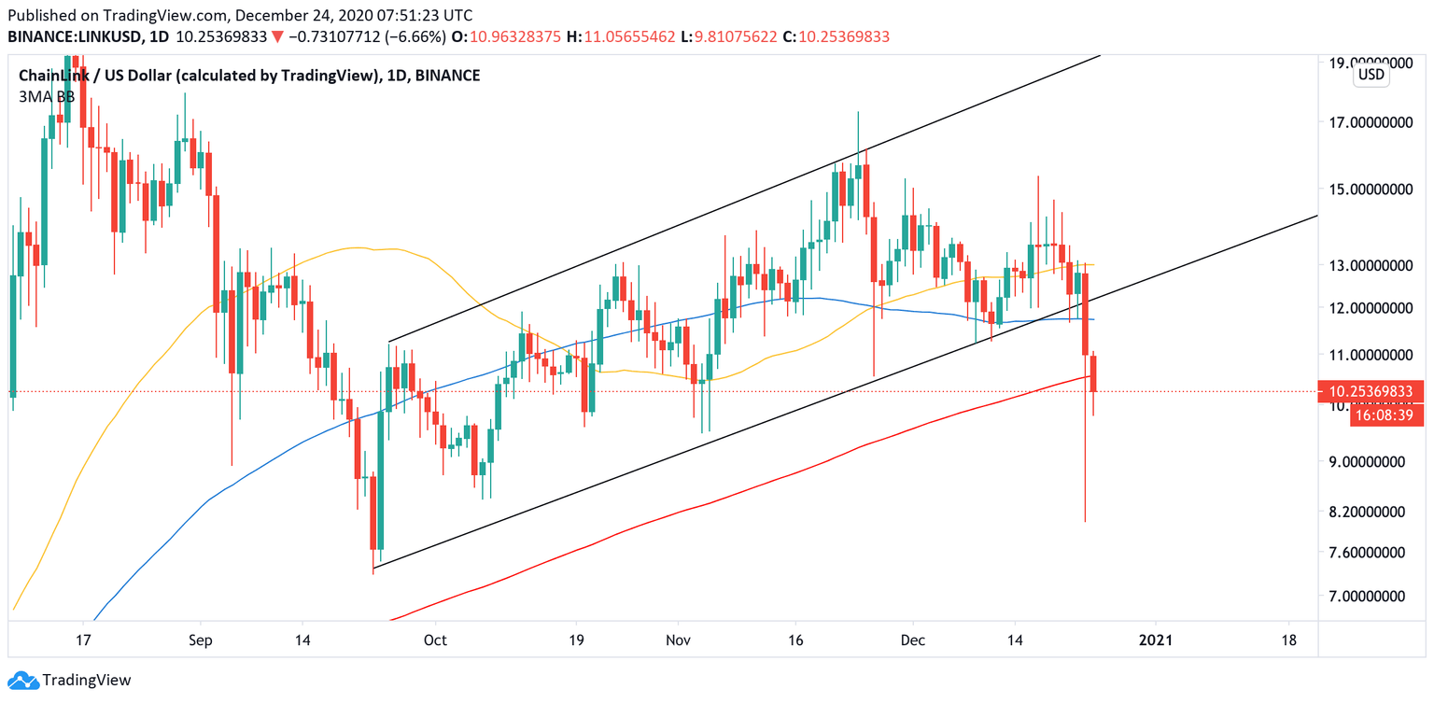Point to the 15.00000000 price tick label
1367,189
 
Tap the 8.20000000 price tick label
1367,512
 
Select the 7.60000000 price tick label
1367,552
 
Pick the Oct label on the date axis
435,640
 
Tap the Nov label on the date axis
679,640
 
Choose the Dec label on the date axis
913,640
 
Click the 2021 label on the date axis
1156,640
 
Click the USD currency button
1371,75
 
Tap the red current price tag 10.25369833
1370,391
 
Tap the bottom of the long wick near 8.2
1085,520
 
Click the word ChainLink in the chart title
54,76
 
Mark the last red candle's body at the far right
1093,373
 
